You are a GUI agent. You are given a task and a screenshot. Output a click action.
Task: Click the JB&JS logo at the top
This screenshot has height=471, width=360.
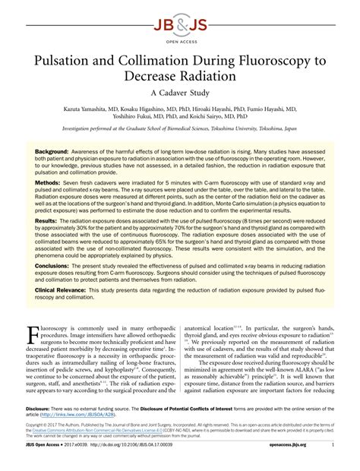coord(180,15)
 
